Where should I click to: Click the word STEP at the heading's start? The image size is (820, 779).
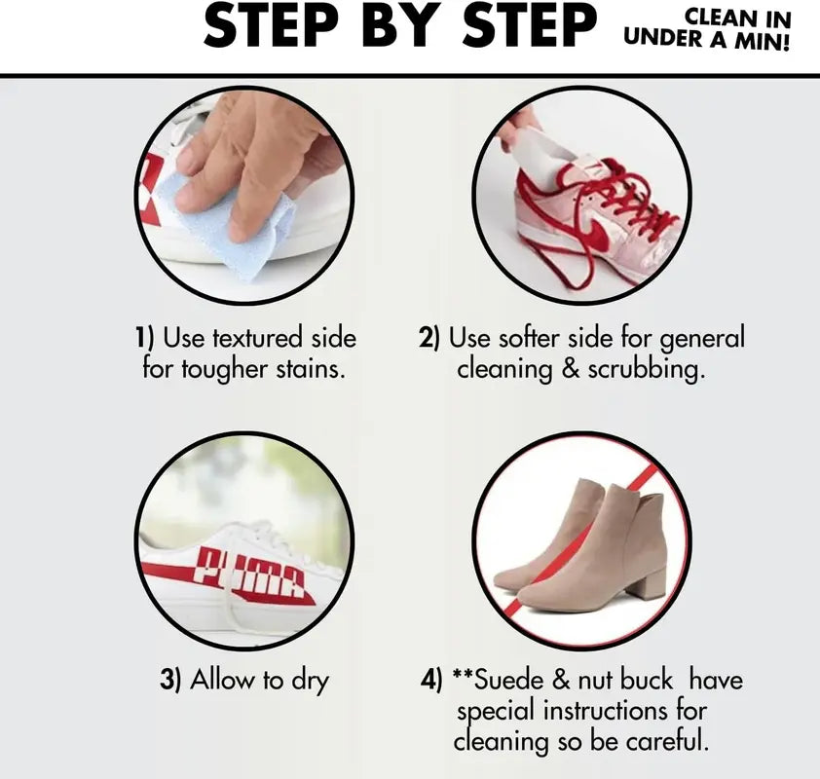pos(262,27)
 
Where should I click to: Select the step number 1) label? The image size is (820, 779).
pos(144,339)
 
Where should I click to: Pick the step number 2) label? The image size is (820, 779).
pos(429,339)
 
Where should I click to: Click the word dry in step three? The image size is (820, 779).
pos(304,681)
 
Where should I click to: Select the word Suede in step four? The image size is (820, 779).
pos(511,680)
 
